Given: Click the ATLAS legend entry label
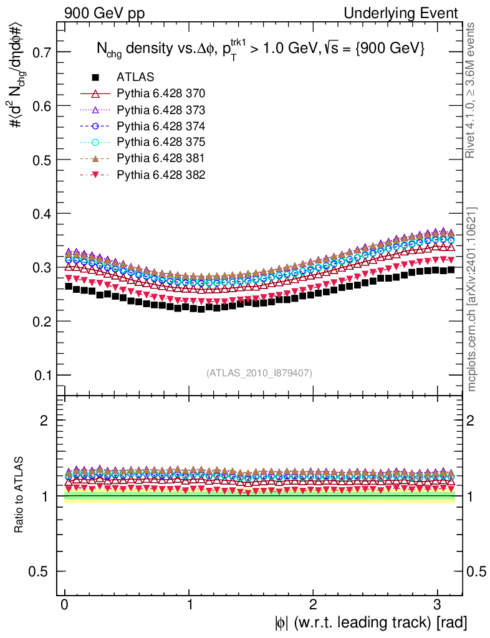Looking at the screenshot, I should (x=135, y=78).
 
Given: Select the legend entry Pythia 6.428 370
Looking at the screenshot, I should (x=161, y=94).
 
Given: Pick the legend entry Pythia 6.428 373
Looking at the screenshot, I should (x=161, y=110).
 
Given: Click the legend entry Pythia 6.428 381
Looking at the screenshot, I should (x=161, y=158).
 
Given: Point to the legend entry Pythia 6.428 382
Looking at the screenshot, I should (x=161, y=174).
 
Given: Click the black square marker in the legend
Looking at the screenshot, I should (x=95, y=78).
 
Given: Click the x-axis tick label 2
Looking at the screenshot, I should (x=313, y=604).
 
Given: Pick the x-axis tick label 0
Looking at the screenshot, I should (x=65, y=604).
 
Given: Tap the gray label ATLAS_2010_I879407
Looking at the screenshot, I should (x=259, y=373).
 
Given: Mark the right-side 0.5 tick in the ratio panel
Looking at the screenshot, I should (x=477, y=572).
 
